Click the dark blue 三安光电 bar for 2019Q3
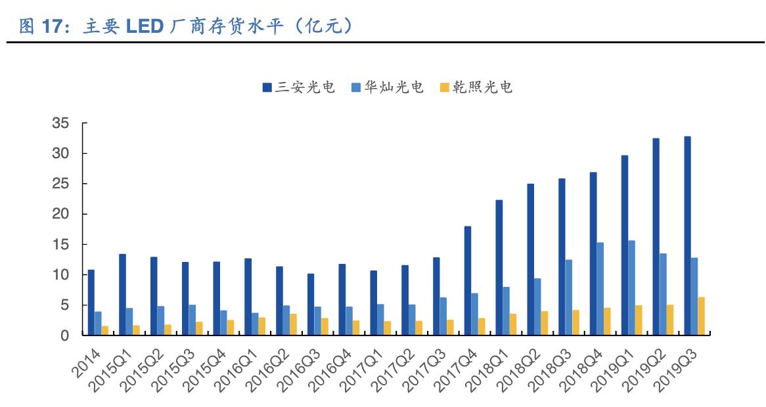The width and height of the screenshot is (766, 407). [x=687, y=236]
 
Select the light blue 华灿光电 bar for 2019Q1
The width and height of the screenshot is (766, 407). [x=631, y=288]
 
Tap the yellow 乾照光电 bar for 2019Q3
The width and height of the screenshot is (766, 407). [x=701, y=316]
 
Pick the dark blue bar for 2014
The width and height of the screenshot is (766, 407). [x=91, y=302]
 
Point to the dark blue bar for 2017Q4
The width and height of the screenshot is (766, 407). [x=468, y=280]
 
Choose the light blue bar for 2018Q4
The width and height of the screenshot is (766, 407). [x=600, y=289]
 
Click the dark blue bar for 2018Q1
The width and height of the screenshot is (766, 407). [x=499, y=267]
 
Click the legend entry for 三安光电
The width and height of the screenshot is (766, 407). [x=300, y=87]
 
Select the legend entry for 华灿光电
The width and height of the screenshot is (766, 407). [x=388, y=87]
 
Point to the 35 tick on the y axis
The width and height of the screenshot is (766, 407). [x=60, y=123]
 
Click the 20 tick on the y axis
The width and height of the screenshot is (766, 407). [x=60, y=214]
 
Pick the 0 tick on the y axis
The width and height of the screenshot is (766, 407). [x=64, y=335]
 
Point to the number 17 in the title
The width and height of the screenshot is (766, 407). [x=53, y=26]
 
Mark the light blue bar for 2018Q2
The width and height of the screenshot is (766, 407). [x=537, y=307]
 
